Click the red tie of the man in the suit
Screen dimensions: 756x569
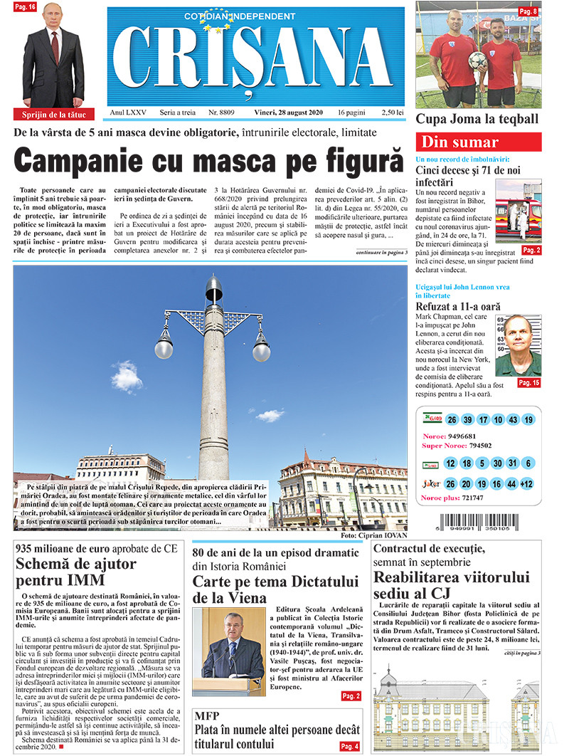coord(55,46)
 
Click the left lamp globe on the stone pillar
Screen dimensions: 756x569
coord(164,348)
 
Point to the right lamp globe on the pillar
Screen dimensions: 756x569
coord(261,350)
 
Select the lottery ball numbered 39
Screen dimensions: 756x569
coord(467,419)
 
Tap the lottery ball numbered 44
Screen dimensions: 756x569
coord(511,484)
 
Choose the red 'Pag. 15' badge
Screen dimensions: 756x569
coord(528,383)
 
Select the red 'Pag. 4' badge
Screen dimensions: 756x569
coord(349,745)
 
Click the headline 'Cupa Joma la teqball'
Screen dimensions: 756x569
coord(477,119)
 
